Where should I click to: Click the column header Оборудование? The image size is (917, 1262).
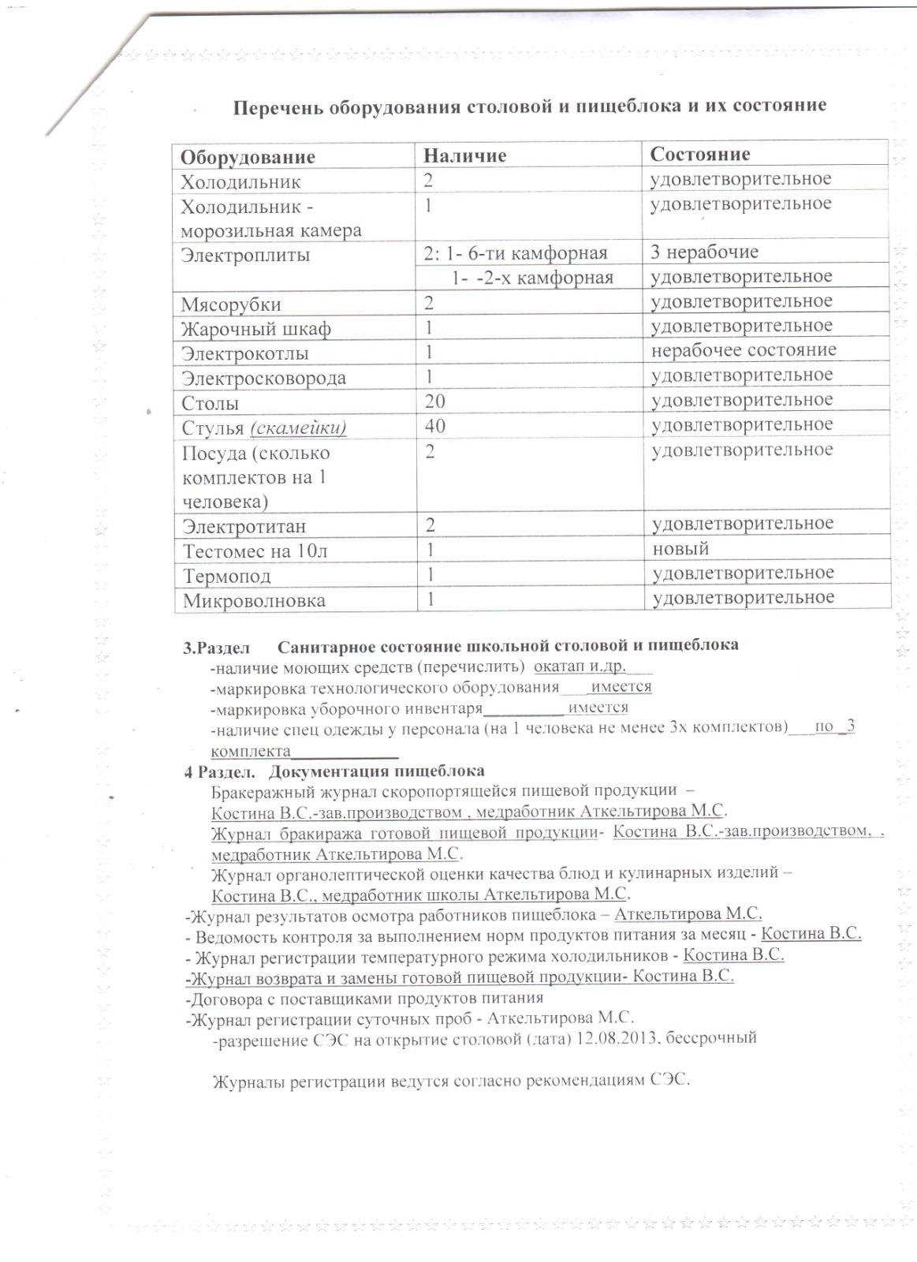tap(248, 157)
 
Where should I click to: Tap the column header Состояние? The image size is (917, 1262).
tap(699, 154)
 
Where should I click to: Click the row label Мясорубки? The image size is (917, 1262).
tap(231, 304)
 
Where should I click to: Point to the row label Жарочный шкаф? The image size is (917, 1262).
tap(256, 329)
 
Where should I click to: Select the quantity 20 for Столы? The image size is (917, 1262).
tap(434, 402)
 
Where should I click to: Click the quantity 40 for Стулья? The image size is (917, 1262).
tap(434, 427)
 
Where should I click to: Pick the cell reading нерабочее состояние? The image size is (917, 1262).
tap(744, 349)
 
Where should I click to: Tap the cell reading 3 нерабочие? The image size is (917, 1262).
tap(705, 252)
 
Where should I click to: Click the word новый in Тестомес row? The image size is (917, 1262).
tap(680, 548)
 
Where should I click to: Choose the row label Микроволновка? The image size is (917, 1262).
tap(254, 601)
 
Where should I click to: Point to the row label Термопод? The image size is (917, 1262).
tap(227, 576)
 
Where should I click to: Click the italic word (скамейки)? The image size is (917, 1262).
tap(298, 428)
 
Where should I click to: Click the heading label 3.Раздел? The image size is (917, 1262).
tap(216, 646)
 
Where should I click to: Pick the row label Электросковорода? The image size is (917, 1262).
tap(264, 378)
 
